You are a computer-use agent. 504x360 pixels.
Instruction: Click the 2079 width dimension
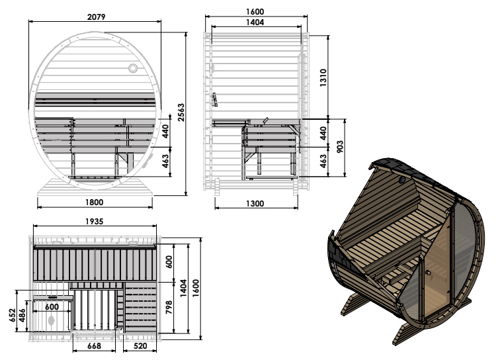point(96,17)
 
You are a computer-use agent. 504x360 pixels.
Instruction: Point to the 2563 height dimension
point(181,112)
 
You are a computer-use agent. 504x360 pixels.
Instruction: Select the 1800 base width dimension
point(95,202)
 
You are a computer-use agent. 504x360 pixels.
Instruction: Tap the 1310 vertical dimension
point(323,77)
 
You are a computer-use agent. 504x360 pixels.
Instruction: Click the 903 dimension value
point(341,147)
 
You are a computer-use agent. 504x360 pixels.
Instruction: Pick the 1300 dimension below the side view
point(255,204)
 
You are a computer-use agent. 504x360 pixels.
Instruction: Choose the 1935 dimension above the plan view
point(94,222)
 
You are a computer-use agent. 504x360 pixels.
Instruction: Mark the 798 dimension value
point(169,308)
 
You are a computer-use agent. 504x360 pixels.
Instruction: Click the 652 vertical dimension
point(12,315)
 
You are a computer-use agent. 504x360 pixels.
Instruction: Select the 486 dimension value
point(22,316)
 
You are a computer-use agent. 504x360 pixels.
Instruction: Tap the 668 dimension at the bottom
point(94,346)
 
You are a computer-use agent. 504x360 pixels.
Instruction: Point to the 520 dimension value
point(140,346)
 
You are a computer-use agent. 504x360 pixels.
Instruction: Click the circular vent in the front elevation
point(133,68)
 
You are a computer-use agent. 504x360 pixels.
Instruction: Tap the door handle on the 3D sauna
point(428,273)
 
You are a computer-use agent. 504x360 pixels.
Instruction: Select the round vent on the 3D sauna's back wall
point(403,180)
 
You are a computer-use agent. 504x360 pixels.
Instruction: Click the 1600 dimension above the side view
point(255,12)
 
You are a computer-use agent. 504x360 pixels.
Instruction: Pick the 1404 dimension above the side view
point(255,22)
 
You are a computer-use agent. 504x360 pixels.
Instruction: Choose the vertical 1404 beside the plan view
point(183,289)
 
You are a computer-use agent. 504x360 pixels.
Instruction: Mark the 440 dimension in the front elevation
point(165,131)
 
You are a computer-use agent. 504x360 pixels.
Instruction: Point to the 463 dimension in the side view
point(323,161)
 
